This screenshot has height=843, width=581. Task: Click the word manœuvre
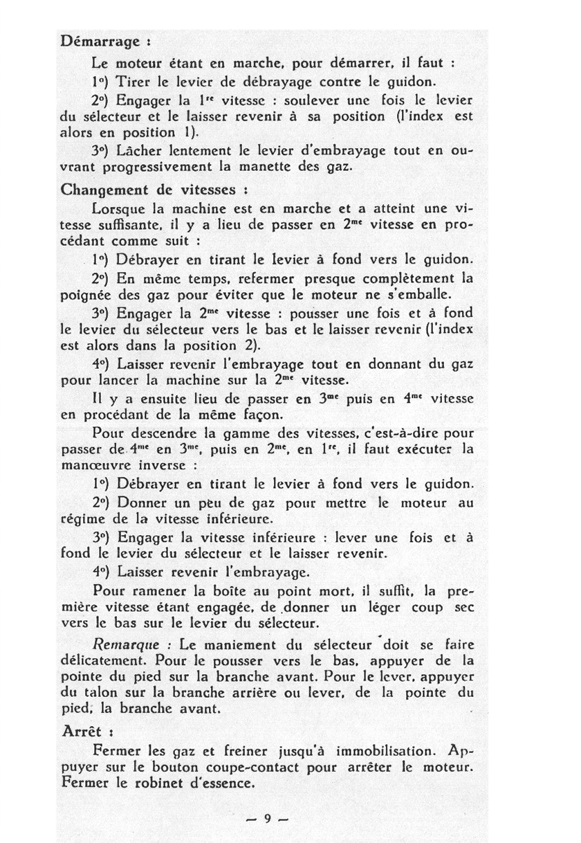pyautogui.click(x=99, y=465)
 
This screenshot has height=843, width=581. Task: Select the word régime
pyautogui.click(x=84, y=518)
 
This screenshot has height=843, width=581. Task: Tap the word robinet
pyautogui.click(x=149, y=783)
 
